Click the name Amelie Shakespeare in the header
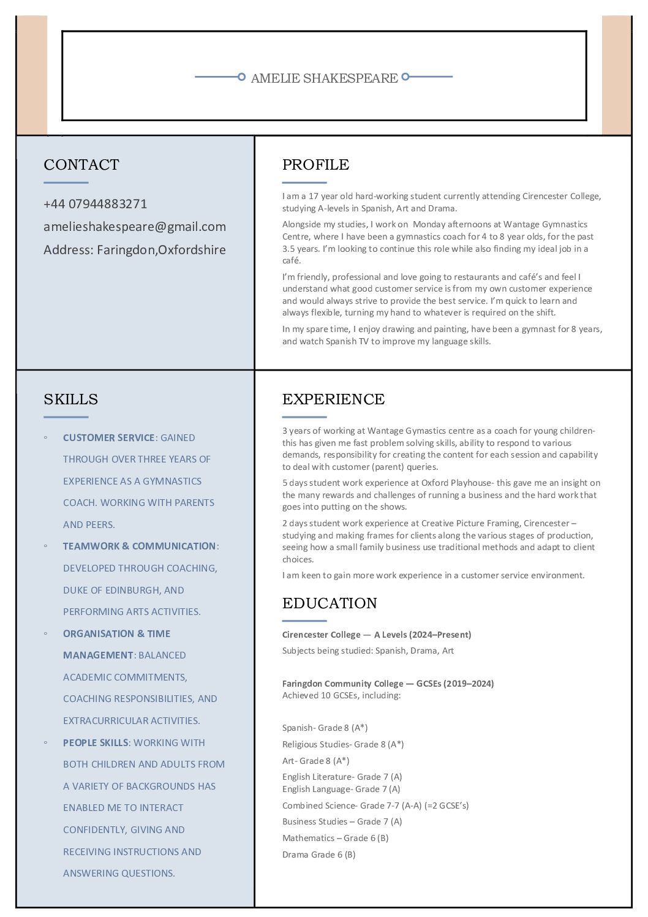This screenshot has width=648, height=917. [324, 78]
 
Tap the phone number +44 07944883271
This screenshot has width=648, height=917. [95, 204]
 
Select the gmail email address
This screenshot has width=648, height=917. [135, 227]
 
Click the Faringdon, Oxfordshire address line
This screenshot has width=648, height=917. [135, 250]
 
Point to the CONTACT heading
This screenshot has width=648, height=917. [81, 165]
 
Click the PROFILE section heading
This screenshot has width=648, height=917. [315, 165]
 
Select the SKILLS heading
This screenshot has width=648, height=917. [70, 399]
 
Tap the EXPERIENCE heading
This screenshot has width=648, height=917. [333, 399]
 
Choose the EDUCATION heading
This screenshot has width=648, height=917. [330, 603]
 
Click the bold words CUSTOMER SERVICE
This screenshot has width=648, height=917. [108, 438]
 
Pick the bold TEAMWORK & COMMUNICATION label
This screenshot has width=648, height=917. [139, 546]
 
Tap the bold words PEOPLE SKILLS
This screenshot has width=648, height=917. [96, 743]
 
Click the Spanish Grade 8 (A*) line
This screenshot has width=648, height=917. [325, 728]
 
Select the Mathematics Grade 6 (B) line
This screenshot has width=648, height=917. [335, 839]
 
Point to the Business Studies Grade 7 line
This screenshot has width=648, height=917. [342, 822]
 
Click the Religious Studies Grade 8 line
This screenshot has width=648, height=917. [343, 745]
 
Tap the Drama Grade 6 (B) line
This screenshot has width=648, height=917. [318, 855]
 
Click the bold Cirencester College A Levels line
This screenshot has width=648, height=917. [377, 635]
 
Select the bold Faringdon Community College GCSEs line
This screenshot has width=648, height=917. [388, 684]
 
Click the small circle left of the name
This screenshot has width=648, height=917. [241, 77]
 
